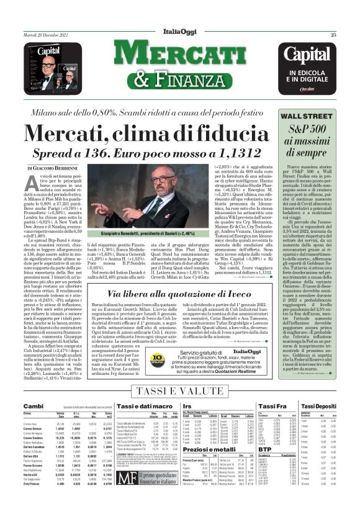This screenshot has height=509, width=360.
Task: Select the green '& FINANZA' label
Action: pos(179,79)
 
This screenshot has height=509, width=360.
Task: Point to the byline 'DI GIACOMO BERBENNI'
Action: pos(53,168)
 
